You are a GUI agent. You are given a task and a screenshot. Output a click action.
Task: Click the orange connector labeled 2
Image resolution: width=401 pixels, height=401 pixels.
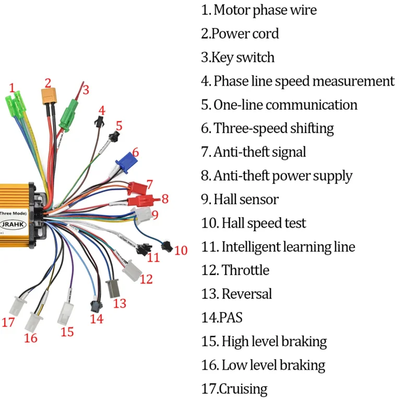[49, 96]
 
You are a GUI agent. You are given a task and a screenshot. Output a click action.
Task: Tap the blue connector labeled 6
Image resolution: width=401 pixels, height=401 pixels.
[125, 163]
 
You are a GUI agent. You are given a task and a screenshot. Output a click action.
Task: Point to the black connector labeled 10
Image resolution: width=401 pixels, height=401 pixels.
[167, 245]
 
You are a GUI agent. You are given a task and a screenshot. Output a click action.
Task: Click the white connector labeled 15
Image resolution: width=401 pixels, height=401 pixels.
[67, 313]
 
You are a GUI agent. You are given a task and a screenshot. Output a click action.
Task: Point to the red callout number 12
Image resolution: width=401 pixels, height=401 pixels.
[146, 279]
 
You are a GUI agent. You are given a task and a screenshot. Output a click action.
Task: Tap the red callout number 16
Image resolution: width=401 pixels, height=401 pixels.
[31, 338]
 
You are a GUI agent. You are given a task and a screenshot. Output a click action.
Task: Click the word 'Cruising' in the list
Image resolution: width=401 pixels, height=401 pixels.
[243, 388]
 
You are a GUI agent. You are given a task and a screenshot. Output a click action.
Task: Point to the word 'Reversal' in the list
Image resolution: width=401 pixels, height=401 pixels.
[246, 294]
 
